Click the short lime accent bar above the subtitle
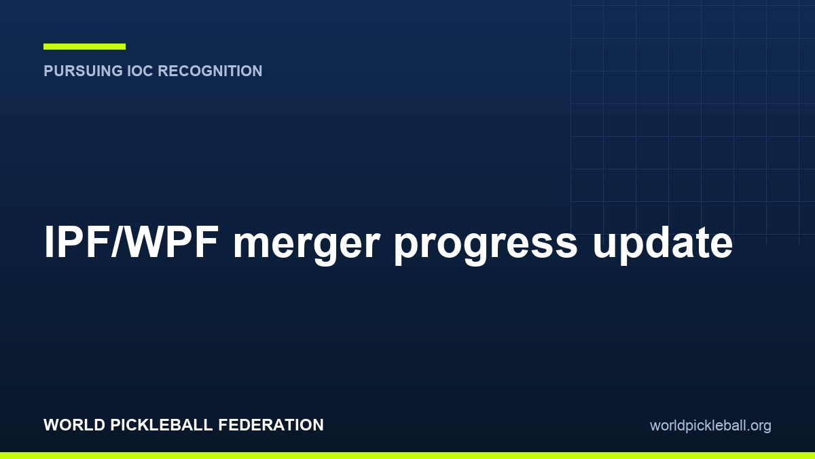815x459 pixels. (x=84, y=46)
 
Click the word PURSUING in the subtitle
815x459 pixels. (x=84, y=71)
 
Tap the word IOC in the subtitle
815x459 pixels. (x=141, y=71)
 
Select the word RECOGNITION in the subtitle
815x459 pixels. (x=211, y=71)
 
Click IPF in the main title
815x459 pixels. (x=76, y=241)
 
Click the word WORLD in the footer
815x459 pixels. (x=75, y=425)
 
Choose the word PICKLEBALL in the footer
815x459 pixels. (x=161, y=425)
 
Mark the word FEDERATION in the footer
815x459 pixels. (x=271, y=425)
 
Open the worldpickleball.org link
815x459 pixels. (x=710, y=426)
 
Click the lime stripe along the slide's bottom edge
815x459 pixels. (x=407, y=456)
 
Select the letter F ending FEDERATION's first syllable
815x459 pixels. (x=223, y=425)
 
